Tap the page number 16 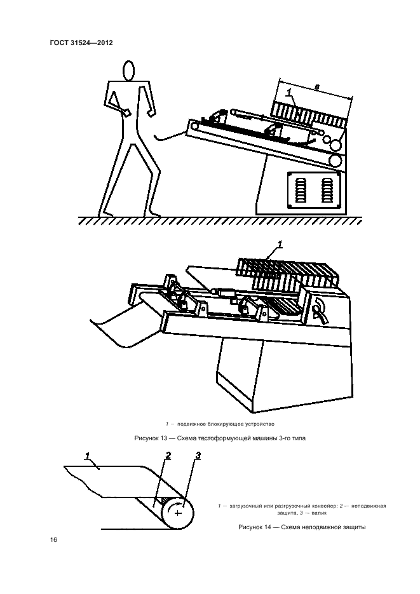click(54, 540)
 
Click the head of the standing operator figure click(130, 71)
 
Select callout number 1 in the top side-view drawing click(290, 93)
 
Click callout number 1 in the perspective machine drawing click(279, 244)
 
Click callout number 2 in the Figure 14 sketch click(168, 456)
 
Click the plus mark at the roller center click(178, 511)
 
